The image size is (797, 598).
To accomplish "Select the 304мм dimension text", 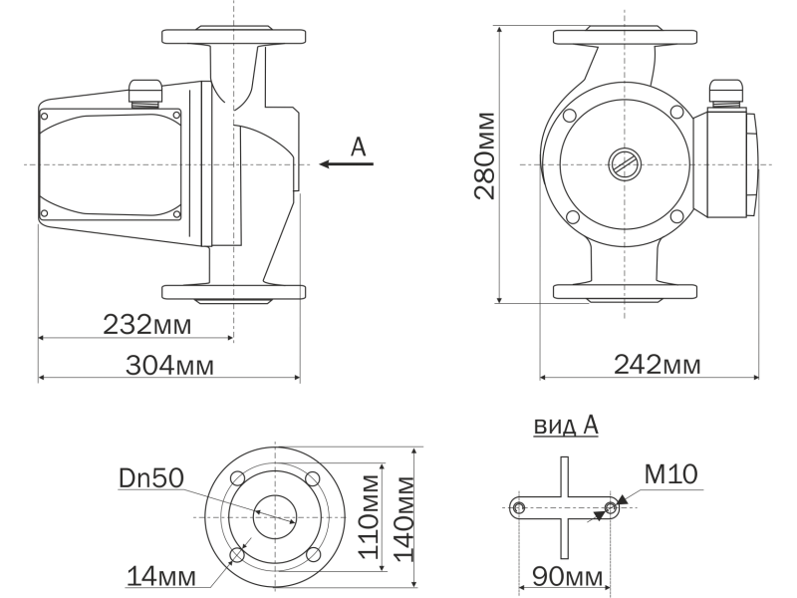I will (x=168, y=366).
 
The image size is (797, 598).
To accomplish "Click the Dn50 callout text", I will (x=150, y=478).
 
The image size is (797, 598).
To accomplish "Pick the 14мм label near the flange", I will (x=160, y=575).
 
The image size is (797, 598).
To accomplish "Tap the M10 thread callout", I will (x=670, y=474).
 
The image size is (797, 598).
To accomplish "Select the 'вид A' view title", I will (x=566, y=426).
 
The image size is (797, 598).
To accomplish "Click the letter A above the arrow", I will (x=359, y=148).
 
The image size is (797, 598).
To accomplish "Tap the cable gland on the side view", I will (x=145, y=91).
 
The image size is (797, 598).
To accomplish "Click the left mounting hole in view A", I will (x=518, y=508).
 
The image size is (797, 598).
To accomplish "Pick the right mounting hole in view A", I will (x=611, y=508).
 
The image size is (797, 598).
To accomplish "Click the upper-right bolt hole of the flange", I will (x=312, y=479).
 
